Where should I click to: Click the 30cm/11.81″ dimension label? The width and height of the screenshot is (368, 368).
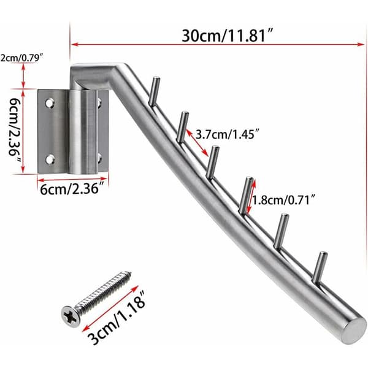[x=228, y=36]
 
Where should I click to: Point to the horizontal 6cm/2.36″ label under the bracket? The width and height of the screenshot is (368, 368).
[x=72, y=189]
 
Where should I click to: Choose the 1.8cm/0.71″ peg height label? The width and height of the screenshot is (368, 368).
[x=283, y=200]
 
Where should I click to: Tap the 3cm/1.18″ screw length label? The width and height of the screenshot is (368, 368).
[x=116, y=317]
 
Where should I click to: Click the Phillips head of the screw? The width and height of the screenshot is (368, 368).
[x=71, y=316]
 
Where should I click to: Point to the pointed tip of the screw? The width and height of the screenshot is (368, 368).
[x=129, y=273]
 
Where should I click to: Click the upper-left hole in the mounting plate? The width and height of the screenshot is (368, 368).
[x=50, y=103]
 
